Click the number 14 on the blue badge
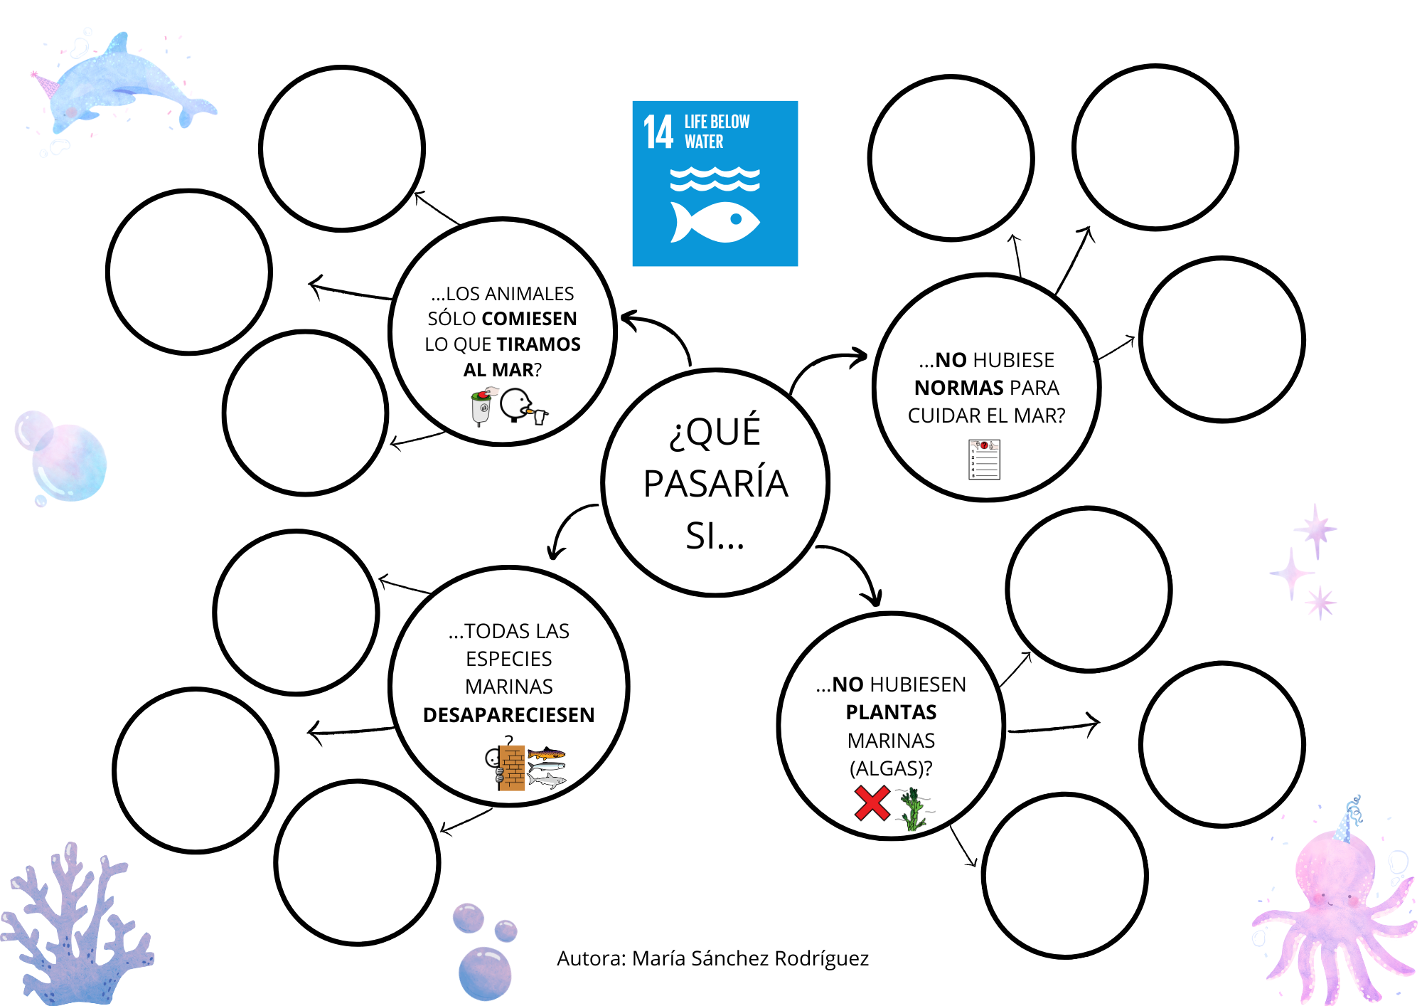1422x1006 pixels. click(658, 132)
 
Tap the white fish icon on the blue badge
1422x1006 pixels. click(715, 222)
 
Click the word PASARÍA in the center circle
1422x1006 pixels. click(715, 484)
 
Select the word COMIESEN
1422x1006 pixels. click(529, 319)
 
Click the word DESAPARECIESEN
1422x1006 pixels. click(508, 715)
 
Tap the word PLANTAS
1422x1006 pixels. click(891, 712)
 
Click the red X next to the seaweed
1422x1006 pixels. click(872, 803)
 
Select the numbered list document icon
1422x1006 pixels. click(984, 460)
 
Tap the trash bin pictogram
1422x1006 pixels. click(482, 407)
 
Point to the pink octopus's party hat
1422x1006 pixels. click(1347, 818)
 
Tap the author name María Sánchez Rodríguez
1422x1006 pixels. click(749, 959)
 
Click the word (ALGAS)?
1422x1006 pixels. click(891, 768)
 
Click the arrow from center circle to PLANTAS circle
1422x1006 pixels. click(857, 566)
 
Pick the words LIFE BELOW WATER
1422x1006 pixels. click(716, 132)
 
